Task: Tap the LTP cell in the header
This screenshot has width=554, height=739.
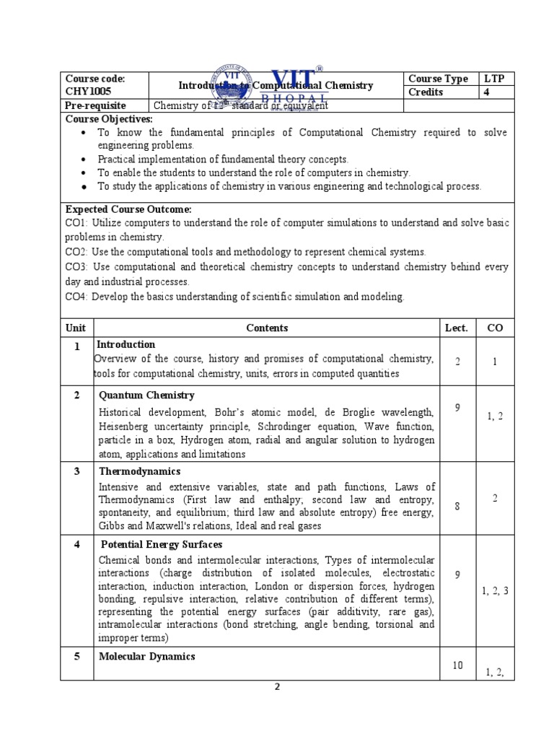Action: [495, 79]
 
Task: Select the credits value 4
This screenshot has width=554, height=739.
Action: [487, 92]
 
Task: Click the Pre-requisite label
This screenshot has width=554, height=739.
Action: [96, 105]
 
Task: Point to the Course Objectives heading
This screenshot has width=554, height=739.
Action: [109, 118]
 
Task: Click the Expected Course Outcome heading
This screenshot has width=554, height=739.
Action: [128, 209]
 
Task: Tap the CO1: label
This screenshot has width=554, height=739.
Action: [78, 223]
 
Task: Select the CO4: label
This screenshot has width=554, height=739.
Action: [78, 297]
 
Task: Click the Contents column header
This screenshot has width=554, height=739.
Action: [267, 328]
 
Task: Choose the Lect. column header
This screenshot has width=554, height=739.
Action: [457, 328]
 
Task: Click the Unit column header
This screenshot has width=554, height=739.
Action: [76, 328]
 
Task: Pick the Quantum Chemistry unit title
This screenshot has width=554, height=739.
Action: [146, 395]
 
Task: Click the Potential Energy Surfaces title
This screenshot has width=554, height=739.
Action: [161, 544]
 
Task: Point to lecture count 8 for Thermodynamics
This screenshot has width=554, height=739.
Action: [457, 507]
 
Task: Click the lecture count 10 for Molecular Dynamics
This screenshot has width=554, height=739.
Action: [457, 665]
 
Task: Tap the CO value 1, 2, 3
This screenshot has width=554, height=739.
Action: [495, 591]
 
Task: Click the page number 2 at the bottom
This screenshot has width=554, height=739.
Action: [276, 687]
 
